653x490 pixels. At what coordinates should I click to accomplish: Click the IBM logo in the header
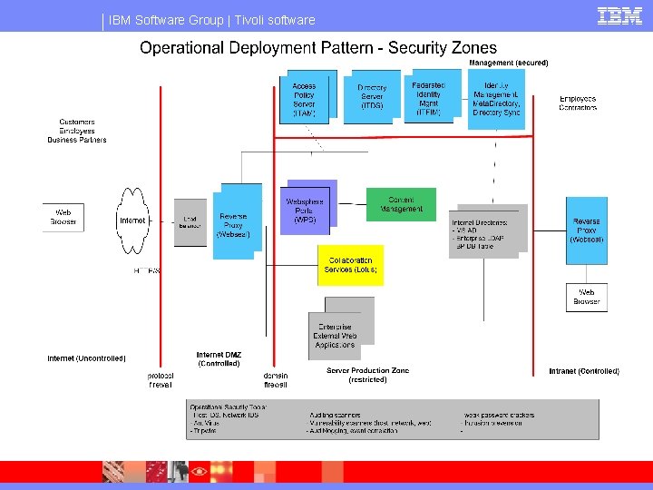point(620,16)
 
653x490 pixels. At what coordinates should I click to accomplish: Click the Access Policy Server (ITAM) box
point(305,96)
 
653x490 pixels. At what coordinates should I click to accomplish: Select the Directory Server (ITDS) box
point(372,98)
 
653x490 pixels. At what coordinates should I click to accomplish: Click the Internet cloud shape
point(132,220)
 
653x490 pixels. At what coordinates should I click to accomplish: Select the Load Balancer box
point(190,221)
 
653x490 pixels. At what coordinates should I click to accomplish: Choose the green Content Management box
point(401,204)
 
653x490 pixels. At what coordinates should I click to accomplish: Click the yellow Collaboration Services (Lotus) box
point(350,265)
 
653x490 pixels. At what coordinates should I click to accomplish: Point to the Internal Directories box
point(483,233)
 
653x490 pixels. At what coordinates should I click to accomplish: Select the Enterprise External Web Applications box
point(335,336)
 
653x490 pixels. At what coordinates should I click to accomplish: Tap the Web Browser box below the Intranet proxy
point(587,297)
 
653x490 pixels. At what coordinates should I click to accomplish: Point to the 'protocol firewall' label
point(161,380)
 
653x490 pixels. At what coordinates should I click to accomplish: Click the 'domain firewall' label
point(276,380)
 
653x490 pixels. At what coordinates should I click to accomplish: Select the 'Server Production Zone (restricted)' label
point(368,375)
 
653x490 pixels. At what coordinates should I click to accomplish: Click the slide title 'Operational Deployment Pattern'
point(318,48)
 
